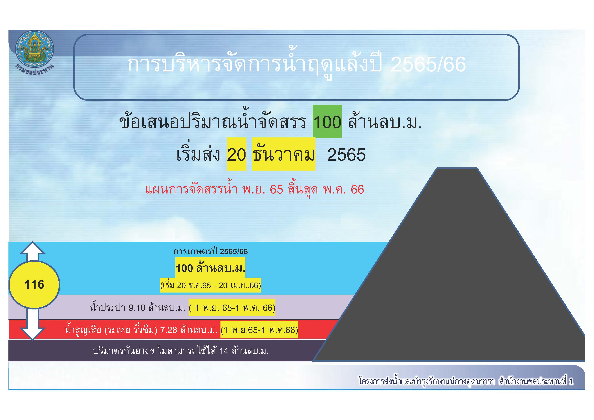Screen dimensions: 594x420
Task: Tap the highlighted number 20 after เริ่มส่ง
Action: [x=236, y=155]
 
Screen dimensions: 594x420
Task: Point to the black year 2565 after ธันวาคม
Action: [x=346, y=155]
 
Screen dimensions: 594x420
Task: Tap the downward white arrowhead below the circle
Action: [x=33, y=334]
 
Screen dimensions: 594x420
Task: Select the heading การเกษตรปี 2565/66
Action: [x=210, y=251]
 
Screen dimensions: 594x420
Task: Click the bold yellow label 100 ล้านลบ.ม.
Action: [x=210, y=268]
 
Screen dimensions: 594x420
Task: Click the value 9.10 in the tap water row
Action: [x=137, y=308]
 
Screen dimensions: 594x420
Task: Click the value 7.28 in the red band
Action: [x=169, y=330]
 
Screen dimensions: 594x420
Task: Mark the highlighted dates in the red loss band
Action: [x=259, y=330]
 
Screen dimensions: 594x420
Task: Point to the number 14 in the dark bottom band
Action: [x=224, y=351]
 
